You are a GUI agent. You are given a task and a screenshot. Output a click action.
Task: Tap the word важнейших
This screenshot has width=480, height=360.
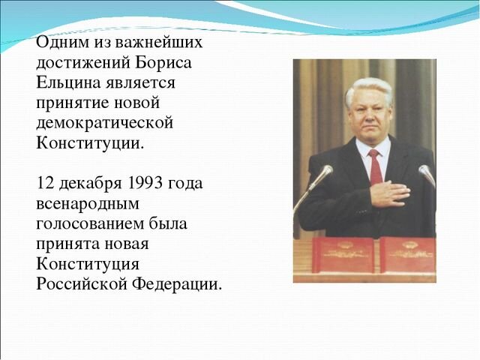tap(159, 43)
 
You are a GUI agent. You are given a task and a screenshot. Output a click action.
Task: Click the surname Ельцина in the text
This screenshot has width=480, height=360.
tap(68, 82)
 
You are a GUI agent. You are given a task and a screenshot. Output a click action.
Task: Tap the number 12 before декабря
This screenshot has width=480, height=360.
tap(45, 184)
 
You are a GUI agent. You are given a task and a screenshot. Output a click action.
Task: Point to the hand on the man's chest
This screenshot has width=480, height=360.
tap(388, 193)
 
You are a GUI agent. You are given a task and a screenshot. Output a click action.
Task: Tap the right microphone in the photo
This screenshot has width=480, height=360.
tap(426, 174)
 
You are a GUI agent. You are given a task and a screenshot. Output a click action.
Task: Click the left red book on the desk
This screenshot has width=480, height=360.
tap(342, 254)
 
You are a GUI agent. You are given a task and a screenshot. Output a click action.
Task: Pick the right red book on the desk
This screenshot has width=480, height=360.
tap(407, 254)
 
